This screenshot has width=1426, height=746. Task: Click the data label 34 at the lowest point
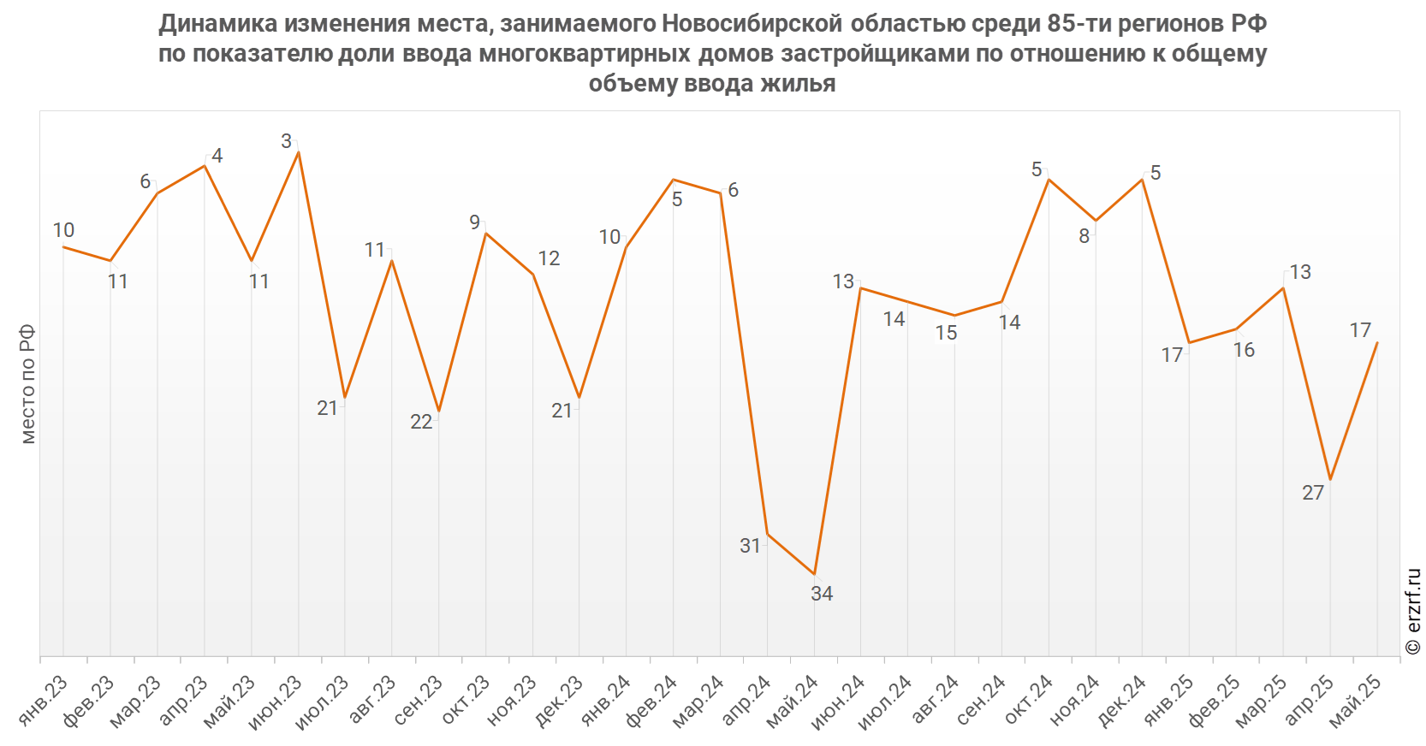click(822, 593)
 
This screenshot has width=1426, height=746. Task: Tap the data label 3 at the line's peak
click(287, 141)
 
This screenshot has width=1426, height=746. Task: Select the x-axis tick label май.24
click(792, 701)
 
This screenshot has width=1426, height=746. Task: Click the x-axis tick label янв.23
click(43, 701)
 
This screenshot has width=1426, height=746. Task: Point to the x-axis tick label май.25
click(1355, 701)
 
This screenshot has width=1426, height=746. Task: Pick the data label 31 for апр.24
click(750, 546)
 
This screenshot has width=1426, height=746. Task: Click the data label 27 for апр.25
click(1313, 493)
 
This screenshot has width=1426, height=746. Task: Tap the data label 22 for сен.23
click(421, 422)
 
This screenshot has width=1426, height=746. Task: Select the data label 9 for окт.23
click(474, 222)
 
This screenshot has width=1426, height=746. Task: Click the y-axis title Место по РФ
click(28, 383)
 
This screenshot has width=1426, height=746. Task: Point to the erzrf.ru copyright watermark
click(1413, 611)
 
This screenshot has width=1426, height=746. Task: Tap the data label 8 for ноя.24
click(1084, 236)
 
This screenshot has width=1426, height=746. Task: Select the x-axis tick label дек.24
click(1121, 701)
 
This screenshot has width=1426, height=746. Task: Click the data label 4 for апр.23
click(217, 156)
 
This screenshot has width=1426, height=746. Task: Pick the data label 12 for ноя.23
click(549, 258)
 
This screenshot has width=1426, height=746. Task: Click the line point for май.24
click(814, 574)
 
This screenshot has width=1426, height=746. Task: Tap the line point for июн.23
click(298, 151)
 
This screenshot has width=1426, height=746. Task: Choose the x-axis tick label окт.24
click(1027, 701)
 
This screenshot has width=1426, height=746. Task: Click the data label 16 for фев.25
click(1244, 350)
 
